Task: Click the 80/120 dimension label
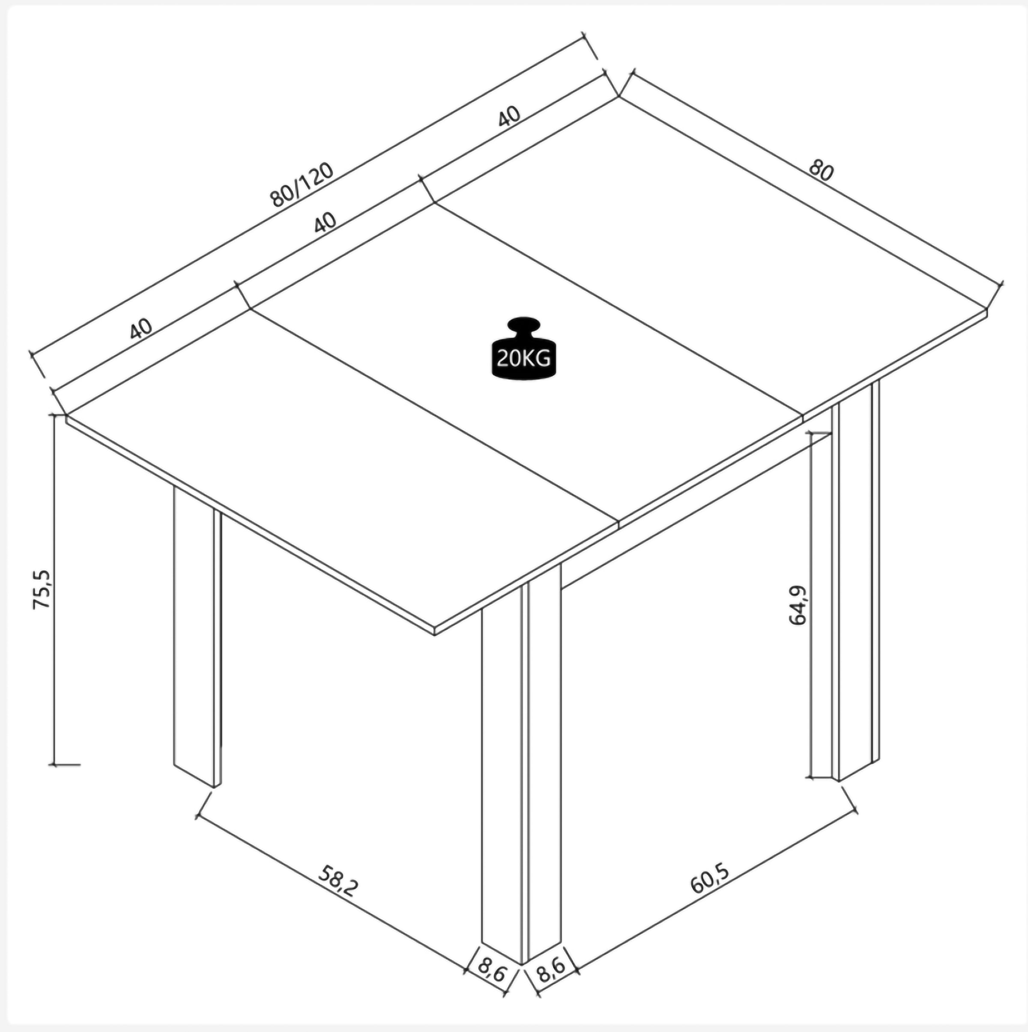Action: click(302, 184)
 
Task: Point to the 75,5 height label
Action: click(41, 589)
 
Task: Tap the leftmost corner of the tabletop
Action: click(66, 416)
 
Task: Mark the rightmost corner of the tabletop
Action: click(987, 311)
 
